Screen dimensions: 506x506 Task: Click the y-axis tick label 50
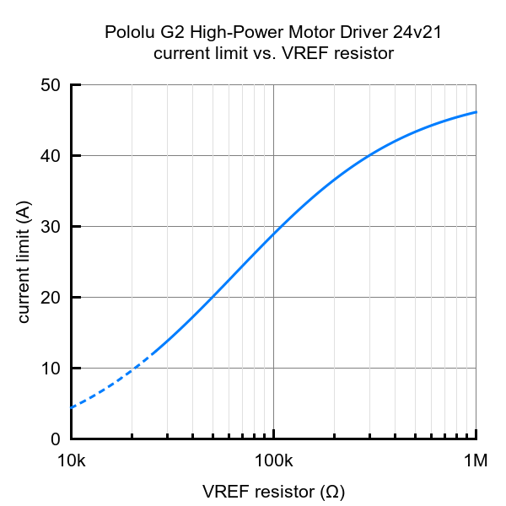[51, 85]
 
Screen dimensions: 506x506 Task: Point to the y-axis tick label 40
[51, 156]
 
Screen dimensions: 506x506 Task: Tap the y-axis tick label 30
[51, 227]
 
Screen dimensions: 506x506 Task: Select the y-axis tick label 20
[51, 298]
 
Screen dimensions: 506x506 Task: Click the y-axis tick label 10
[51, 369]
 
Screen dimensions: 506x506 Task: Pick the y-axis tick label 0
[56, 439]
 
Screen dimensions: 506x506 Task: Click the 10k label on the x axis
[71, 461]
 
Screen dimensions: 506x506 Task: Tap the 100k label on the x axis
[274, 461]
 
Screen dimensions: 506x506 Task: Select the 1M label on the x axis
[476, 461]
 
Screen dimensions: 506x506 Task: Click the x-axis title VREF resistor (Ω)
[273, 491]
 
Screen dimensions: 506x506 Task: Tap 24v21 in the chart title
[417, 33]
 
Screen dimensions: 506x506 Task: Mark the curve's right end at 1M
[476, 112]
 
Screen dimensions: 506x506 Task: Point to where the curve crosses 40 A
[369, 156]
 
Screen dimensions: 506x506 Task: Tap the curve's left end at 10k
[72, 407]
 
